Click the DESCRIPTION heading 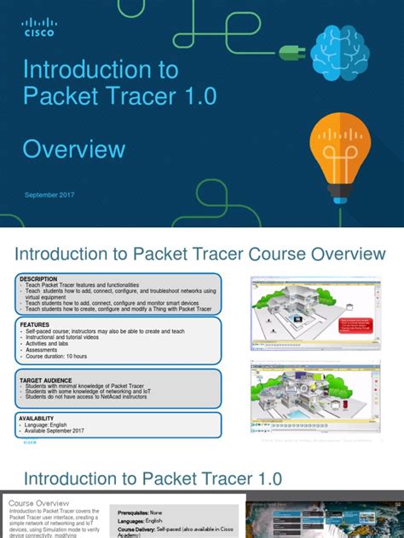click(39, 278)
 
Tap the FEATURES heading click(35, 323)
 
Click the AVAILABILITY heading click(40, 417)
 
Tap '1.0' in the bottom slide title click(260, 478)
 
